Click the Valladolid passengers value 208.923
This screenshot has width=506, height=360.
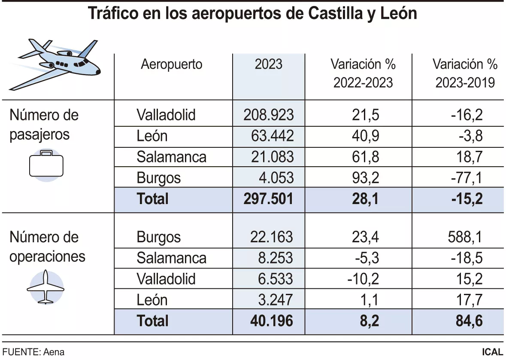269,115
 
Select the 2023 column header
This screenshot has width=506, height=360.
269,64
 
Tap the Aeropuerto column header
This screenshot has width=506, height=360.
172,64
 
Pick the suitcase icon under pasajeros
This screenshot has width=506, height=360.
46,165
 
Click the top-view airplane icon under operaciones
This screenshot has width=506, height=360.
45,287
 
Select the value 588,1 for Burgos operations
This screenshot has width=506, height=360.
465,237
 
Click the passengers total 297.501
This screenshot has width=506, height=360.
269,199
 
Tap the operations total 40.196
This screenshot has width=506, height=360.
269,321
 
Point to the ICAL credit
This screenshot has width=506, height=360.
492,352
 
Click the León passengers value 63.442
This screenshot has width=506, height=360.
272,136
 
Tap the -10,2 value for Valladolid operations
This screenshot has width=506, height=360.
363,279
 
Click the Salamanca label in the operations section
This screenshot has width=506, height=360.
171,258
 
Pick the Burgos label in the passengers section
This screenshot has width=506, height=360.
159,178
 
